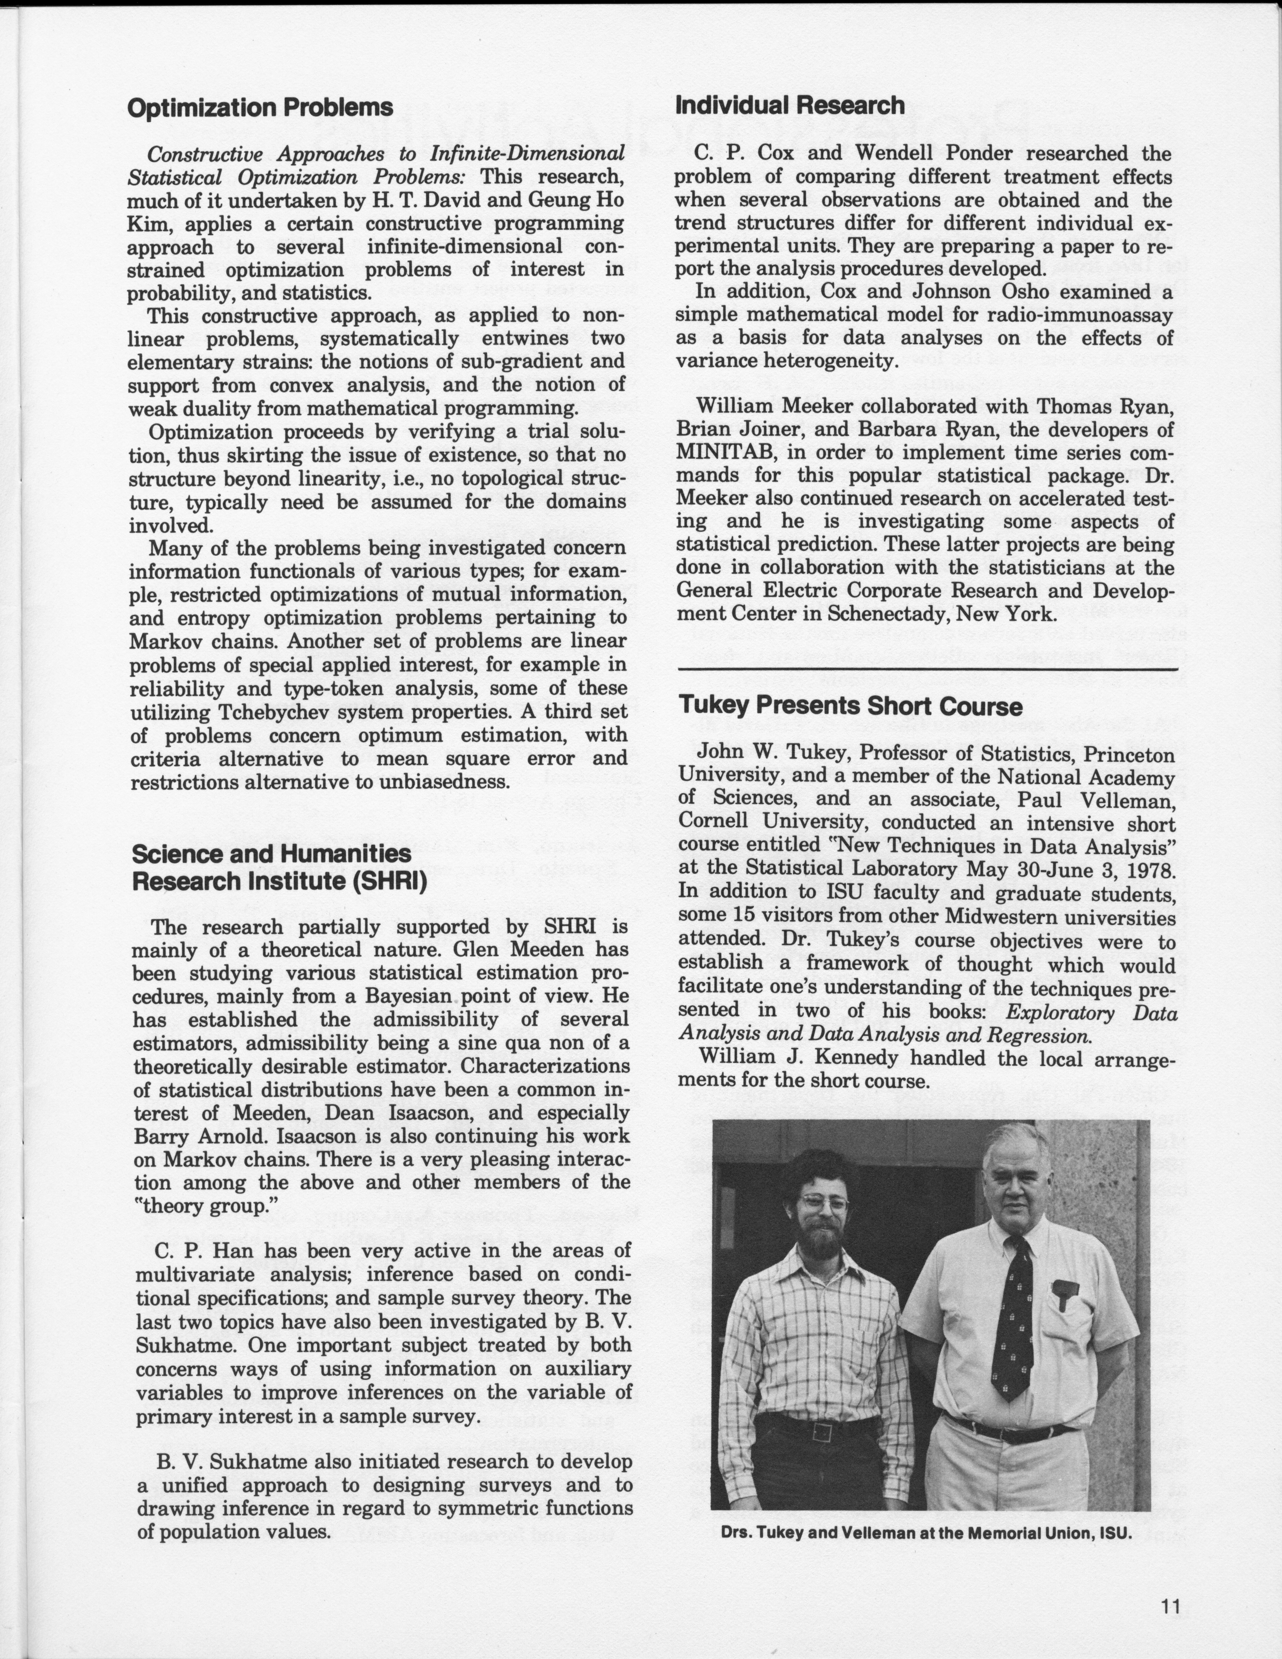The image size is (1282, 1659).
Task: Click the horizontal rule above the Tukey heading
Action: point(927,668)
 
